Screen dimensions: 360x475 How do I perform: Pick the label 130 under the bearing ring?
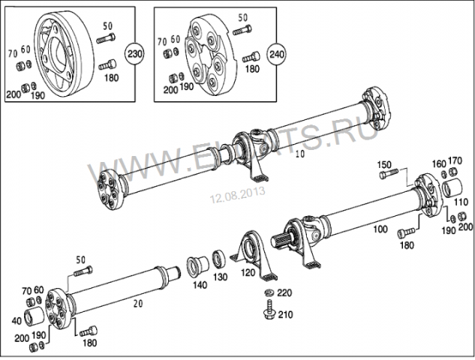coord(221,277)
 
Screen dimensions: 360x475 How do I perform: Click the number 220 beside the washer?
coord(285,292)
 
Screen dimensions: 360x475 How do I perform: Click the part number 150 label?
coord(384,164)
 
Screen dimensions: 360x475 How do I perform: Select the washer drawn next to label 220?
coord(268,292)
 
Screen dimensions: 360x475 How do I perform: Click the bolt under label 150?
coord(389,175)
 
